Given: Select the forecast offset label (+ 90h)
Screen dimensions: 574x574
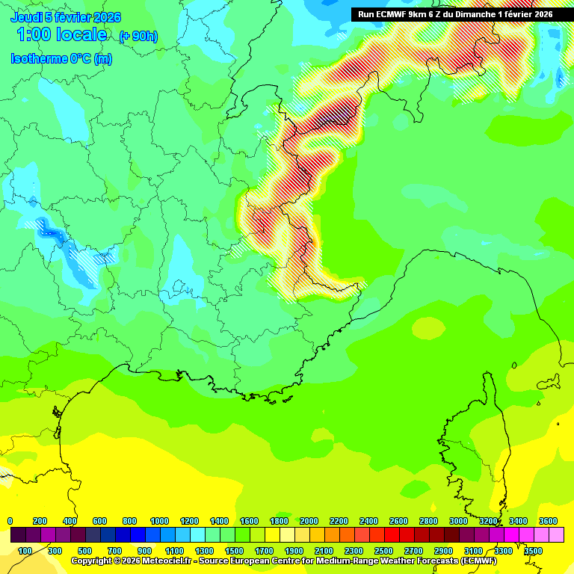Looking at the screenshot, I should (138, 36).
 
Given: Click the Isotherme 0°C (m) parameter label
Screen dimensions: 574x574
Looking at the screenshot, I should (61, 59).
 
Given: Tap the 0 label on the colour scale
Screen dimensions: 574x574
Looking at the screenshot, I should (10, 521).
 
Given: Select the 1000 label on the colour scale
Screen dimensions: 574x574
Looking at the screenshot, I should (159, 521).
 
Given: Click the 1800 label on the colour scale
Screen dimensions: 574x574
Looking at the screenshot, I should (279, 521).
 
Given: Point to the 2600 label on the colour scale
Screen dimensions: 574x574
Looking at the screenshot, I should (398, 521).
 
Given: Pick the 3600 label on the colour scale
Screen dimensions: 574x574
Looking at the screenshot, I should (548, 521).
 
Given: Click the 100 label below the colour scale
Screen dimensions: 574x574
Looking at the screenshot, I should (25, 551).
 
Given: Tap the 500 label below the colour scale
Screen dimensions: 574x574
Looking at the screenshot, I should (84, 551).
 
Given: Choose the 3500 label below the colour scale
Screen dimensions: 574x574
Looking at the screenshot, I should (533, 551).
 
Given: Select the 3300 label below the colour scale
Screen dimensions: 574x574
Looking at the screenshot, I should (503, 551).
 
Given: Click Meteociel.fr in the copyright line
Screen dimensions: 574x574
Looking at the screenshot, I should (163, 561).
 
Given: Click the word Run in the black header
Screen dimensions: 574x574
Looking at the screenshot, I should (366, 14).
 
